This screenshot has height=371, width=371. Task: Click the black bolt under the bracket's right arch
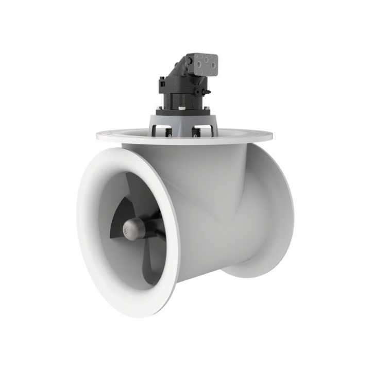coord(195,133)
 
